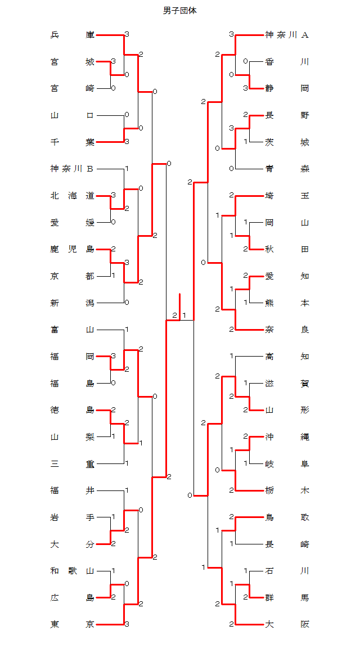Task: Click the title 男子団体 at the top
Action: pos(180,11)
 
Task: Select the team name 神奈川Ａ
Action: pos(287,35)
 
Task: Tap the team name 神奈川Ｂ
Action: pos(72,169)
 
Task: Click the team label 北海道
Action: pos(72,196)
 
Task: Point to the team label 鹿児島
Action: pos(72,249)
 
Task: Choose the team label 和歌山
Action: pos(72,571)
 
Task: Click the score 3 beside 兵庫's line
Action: pos(127,34)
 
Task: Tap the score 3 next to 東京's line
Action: pos(127,624)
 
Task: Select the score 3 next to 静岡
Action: pos(245,88)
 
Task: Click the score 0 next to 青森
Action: pos(232,169)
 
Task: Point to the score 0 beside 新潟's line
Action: pos(127,303)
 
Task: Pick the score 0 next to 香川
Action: pos(245,61)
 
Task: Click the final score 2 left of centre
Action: pos(174,316)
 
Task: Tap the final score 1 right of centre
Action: pos(184,316)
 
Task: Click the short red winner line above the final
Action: pos(180,307)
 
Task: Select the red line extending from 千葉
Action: pos(110,142)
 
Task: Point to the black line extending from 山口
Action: pos(110,115)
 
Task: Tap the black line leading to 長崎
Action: pos(250,544)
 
